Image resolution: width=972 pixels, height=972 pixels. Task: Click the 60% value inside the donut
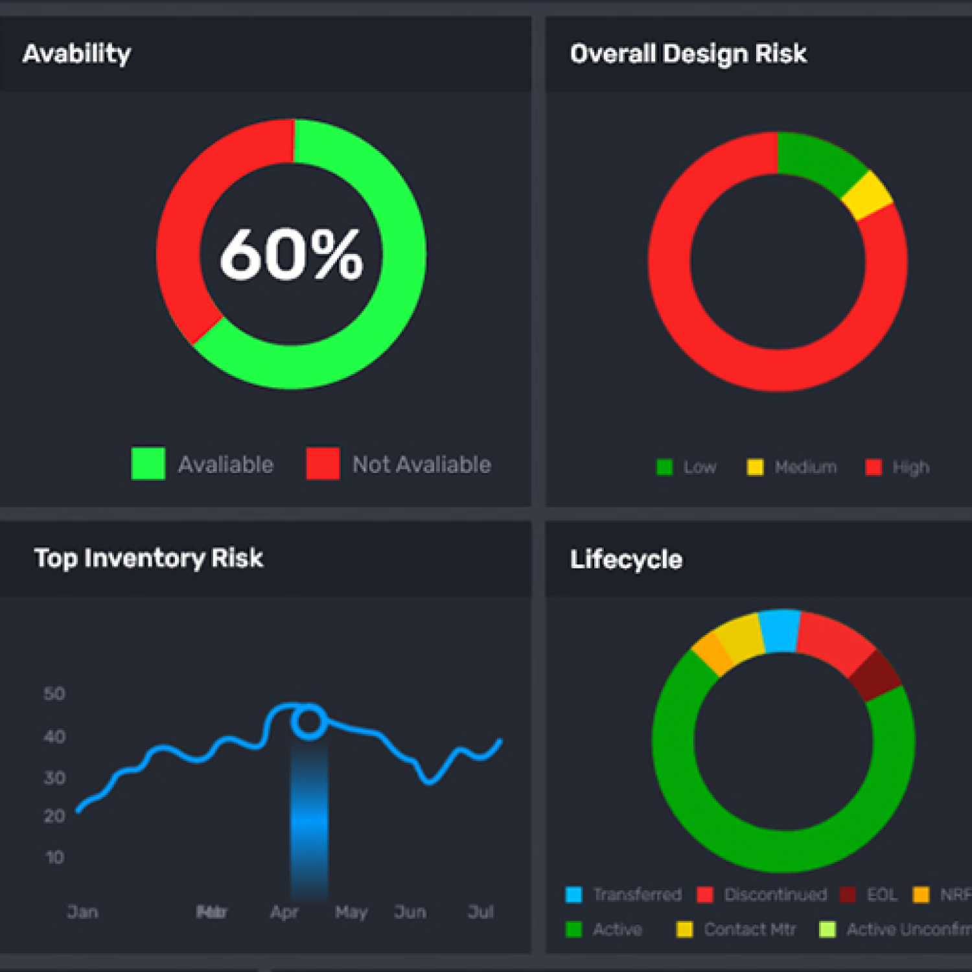click(x=291, y=254)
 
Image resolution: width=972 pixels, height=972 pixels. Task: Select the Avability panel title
click(x=76, y=53)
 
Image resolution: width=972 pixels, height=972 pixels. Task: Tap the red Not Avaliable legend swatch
click(x=323, y=463)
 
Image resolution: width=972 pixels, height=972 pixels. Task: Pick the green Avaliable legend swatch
click(x=148, y=463)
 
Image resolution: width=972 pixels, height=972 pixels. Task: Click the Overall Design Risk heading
click(x=688, y=54)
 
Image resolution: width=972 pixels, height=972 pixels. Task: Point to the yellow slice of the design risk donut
click(x=868, y=195)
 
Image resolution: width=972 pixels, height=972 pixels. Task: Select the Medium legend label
click(x=805, y=467)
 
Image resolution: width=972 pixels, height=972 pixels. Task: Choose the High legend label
click(x=910, y=467)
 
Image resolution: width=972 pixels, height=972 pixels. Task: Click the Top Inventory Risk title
click(x=148, y=558)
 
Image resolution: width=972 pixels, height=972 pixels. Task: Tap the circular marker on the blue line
click(x=308, y=722)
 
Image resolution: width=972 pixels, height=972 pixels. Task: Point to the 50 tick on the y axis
click(x=54, y=694)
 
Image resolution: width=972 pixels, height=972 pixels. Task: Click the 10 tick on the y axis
click(x=55, y=857)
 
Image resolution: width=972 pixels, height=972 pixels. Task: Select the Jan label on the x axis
click(x=83, y=912)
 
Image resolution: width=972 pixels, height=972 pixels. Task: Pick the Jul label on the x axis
click(x=481, y=912)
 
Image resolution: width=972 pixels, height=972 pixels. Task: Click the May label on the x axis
click(x=351, y=912)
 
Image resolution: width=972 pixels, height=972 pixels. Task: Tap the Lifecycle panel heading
click(x=626, y=559)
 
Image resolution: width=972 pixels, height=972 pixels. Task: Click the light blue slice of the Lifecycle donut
click(x=779, y=631)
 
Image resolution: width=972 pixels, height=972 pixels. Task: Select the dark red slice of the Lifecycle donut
click(x=875, y=675)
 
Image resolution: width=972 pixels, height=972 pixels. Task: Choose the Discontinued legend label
click(x=775, y=895)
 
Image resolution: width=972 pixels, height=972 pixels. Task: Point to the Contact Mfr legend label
click(x=750, y=930)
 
